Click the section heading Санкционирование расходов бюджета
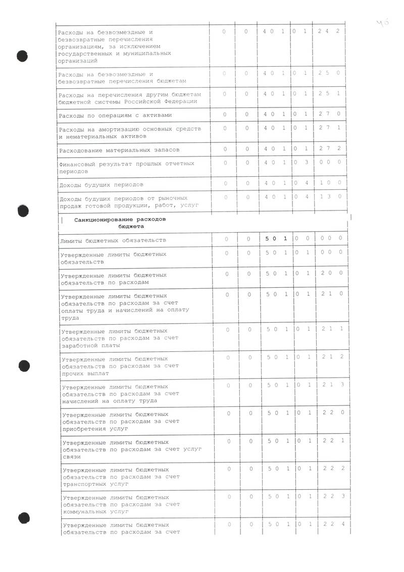[120, 223]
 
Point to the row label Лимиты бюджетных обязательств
[113, 240]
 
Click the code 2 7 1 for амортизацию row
[329, 128]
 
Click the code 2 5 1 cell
[329, 93]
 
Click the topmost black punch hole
[22, 55]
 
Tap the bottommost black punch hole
[24, 517]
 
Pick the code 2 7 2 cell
[329, 148]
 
